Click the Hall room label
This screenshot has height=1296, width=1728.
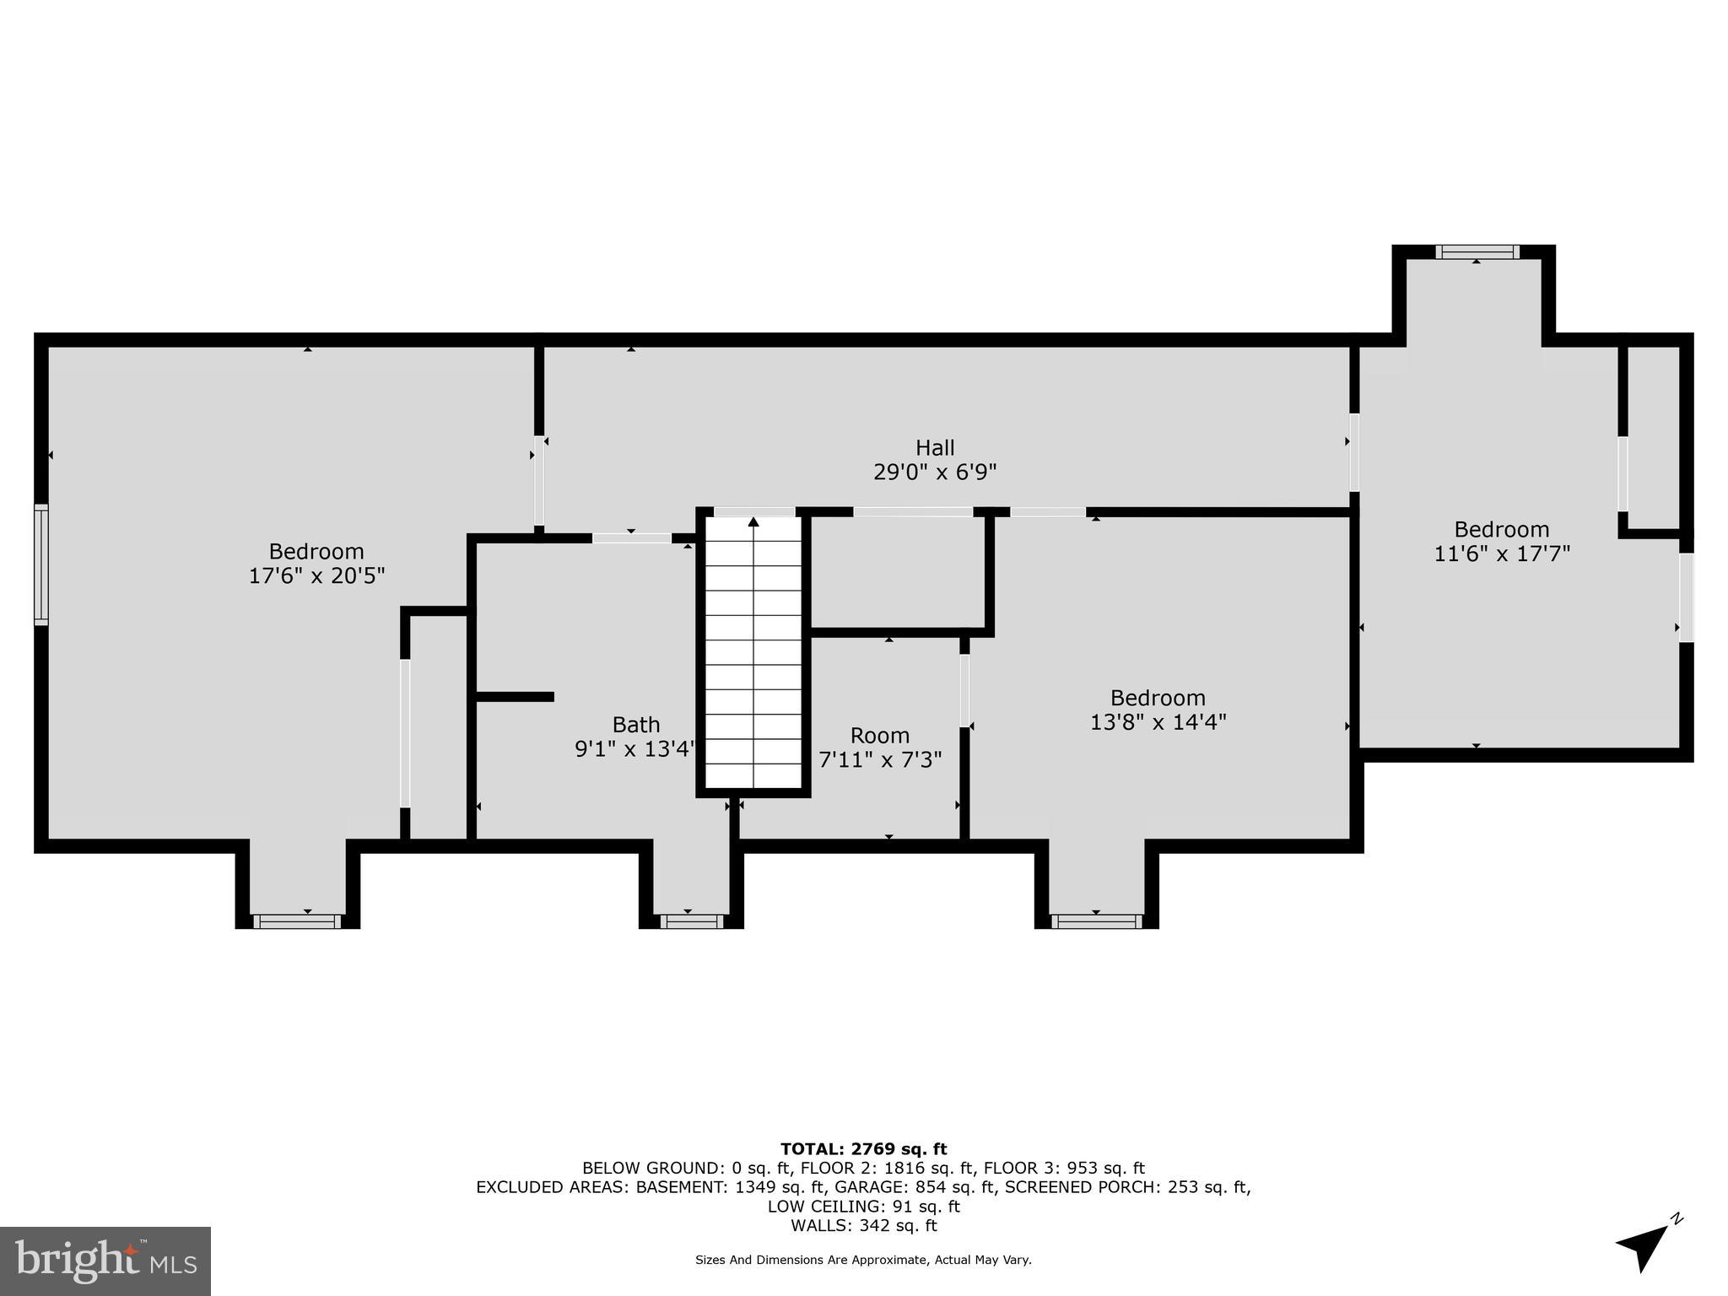935,447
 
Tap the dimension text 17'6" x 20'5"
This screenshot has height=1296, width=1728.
316,575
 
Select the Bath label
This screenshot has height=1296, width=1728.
636,725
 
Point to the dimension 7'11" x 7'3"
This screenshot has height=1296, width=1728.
880,759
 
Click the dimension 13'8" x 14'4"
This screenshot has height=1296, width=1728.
1158,722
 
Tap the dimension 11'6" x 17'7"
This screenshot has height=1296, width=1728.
1502,553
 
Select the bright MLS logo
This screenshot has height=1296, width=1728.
105,1261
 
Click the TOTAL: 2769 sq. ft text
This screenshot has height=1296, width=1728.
863,1148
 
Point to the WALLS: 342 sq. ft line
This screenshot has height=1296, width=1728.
863,1225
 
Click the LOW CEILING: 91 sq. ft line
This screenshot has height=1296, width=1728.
863,1207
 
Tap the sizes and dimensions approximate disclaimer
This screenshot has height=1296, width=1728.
863,1260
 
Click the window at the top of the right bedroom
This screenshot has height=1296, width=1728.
1477,251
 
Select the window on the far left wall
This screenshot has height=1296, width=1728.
40,564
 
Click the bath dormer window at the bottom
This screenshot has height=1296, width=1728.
691,921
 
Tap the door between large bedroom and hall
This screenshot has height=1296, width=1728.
539,481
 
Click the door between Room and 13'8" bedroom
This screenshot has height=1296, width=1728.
964,690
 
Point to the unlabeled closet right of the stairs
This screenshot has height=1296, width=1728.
897,572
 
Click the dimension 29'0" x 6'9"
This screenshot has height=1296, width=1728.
935,472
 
